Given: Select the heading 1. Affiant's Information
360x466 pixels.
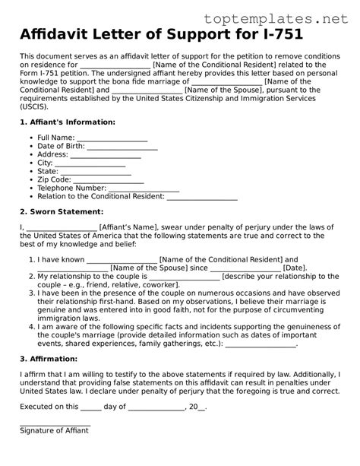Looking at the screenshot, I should point(68,122).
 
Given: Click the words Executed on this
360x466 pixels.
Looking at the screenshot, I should point(49,407).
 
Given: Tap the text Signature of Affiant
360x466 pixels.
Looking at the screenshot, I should point(54,431).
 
